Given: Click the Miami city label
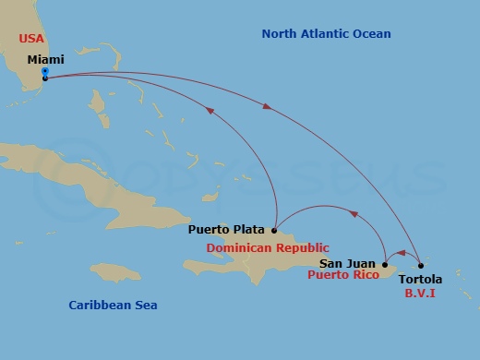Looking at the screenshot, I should pos(45,59).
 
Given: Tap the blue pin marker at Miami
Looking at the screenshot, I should pos(45,73).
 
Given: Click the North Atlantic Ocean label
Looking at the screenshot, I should pos(326,34).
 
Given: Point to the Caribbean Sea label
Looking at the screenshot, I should pos(114,305).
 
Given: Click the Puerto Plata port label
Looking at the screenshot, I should pos(227,230).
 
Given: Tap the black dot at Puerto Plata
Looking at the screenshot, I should pos(274,230).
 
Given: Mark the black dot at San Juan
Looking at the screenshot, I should pos(384,264).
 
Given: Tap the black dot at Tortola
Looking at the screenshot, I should pos(421,266).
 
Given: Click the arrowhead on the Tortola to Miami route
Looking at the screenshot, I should pos(268,107).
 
